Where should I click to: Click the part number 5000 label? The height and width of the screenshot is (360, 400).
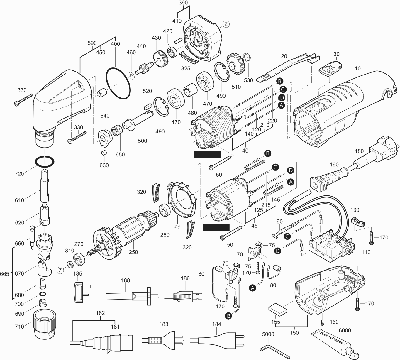point(268,334)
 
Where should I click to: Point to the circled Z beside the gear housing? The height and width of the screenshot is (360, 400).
point(225,24)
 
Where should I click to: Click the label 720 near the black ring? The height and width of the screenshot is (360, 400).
point(19,174)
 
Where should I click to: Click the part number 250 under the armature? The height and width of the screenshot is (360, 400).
point(133,252)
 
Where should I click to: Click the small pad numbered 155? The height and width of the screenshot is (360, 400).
point(278,310)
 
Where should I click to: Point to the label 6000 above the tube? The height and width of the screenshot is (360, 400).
point(345,330)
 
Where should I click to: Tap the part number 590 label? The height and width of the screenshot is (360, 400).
point(92,43)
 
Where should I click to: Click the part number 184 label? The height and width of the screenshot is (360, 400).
point(216,324)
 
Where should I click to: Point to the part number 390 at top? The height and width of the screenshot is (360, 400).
point(183,3)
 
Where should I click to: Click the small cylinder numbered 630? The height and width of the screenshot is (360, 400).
point(104,153)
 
